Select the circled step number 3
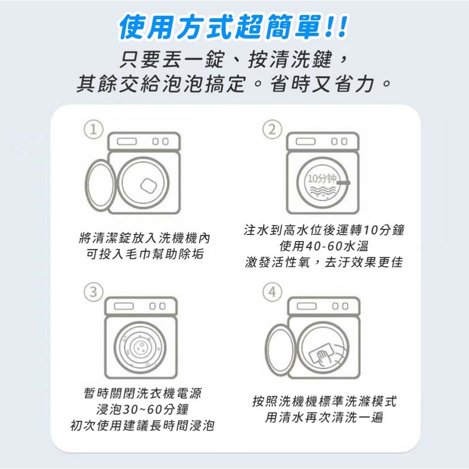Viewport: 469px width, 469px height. pyautogui.click(x=94, y=292)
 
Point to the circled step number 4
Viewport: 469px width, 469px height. pyautogui.click(x=272, y=292)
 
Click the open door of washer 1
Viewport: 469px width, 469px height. pyautogui.click(x=100, y=186)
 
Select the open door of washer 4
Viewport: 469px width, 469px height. pyautogui.click(x=280, y=348)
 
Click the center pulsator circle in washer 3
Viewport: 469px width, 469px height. pyautogui.click(x=139, y=347)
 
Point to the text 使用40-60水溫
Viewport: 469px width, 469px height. pyautogui.click(x=324, y=246)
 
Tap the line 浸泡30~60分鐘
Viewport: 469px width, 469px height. pyautogui.click(x=142, y=409)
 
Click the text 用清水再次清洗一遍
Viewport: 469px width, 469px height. pyautogui.click(x=324, y=417)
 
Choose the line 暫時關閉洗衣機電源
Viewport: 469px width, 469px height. pyautogui.click(x=142, y=393)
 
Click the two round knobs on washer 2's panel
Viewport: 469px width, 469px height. pyautogui.click(x=340, y=141)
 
